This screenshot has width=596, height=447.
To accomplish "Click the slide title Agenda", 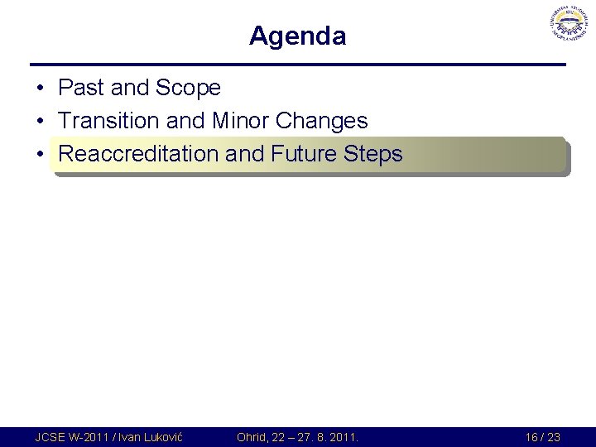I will [x=297, y=36].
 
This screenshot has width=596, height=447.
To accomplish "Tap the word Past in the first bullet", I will [x=79, y=88].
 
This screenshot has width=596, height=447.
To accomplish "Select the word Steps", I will [x=375, y=154].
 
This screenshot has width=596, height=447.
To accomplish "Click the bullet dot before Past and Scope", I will [x=40, y=89].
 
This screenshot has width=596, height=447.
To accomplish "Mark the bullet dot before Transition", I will [x=40, y=122].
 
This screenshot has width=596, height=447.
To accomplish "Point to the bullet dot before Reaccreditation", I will [x=40, y=155].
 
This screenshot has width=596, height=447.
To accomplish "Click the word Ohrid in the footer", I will [x=252, y=437].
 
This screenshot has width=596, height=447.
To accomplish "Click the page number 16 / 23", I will [x=542, y=437].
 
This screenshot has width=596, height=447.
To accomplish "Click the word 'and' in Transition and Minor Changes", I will [x=185, y=121].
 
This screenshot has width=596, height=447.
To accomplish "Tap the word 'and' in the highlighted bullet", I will [x=245, y=154].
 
